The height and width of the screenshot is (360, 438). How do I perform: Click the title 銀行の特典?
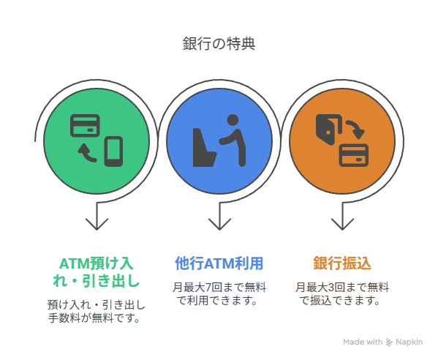[x=219, y=44]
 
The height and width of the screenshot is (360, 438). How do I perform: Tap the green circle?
[x=97, y=141]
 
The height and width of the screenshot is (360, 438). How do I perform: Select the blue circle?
[x=219, y=141]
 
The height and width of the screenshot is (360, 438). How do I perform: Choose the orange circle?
[x=342, y=141]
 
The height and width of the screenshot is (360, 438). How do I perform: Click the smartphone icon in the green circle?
[x=113, y=151]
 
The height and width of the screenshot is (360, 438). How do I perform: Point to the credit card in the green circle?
[x=85, y=126]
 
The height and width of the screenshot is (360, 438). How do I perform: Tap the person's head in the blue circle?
[x=233, y=120]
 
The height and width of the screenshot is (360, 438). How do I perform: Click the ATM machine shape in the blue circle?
[x=204, y=147]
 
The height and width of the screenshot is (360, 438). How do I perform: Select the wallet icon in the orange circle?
[x=329, y=130]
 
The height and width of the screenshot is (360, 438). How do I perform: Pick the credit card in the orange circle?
[x=354, y=155]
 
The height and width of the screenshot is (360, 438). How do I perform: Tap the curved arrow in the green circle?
[x=87, y=153]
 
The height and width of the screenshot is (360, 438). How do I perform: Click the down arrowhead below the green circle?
[x=97, y=224]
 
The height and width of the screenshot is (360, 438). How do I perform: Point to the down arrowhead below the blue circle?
[x=219, y=224]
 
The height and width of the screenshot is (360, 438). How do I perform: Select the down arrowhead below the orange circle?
[x=342, y=224]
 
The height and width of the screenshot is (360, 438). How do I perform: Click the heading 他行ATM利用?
[x=219, y=263]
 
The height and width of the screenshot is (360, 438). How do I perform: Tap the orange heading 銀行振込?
[x=342, y=263]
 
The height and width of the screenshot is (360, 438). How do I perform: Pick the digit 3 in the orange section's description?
[x=331, y=288]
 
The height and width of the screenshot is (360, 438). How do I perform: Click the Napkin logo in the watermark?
[x=389, y=342]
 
